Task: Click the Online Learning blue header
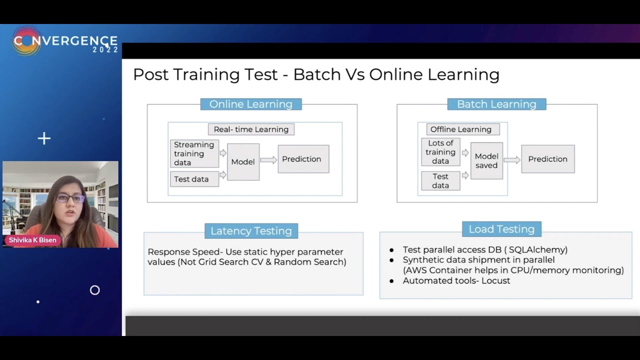(x=251, y=104)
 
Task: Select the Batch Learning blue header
(x=496, y=104)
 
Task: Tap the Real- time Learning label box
(x=251, y=129)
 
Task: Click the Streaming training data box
(x=194, y=153)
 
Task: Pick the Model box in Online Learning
(x=243, y=161)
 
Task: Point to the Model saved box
(x=486, y=160)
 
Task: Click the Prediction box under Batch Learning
(x=547, y=159)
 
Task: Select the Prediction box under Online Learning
(x=303, y=159)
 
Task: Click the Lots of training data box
(x=440, y=152)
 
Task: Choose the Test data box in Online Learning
(x=194, y=179)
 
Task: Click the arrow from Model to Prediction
(x=268, y=160)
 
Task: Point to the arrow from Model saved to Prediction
(x=512, y=160)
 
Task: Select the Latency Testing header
(x=251, y=230)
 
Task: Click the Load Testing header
(x=501, y=229)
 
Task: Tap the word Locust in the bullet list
(x=496, y=280)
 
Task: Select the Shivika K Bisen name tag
(x=33, y=240)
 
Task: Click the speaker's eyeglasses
(x=70, y=198)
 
